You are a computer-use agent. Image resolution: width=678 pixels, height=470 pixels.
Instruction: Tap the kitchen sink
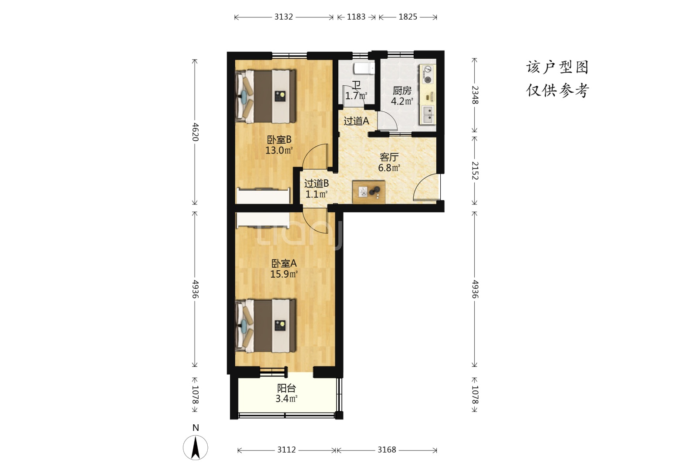[428, 115]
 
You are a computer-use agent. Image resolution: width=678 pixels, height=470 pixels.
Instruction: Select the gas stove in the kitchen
[427, 74]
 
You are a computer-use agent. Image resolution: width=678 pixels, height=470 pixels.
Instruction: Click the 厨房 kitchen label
[402, 91]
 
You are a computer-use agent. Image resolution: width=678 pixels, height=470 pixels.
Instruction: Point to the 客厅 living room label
[389, 157]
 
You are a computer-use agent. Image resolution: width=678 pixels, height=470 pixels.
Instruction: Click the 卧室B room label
[279, 140]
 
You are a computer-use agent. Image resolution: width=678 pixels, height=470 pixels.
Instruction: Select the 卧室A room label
[283, 263]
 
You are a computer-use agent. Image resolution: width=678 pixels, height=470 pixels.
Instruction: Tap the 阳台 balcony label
[287, 388]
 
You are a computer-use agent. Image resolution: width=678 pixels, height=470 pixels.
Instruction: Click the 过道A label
[356, 121]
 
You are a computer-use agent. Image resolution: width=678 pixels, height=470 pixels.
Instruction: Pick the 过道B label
[316, 183]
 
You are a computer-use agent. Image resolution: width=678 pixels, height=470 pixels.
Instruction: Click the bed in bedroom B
[266, 97]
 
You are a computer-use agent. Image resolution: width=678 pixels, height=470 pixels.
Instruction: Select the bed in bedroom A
[266, 326]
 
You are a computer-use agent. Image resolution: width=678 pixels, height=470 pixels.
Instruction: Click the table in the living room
[369, 192]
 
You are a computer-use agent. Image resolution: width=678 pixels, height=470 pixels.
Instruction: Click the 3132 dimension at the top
[283, 17]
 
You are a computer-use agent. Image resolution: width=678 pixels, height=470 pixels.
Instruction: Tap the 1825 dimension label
[408, 17]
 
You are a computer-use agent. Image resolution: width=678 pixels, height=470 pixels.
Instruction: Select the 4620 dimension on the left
[195, 132]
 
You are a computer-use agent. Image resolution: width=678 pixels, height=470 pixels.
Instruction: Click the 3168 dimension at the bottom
[387, 450]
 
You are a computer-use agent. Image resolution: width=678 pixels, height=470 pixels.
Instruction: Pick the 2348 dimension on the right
[475, 95]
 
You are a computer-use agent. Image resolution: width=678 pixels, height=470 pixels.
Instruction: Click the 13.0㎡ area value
[279, 150]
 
